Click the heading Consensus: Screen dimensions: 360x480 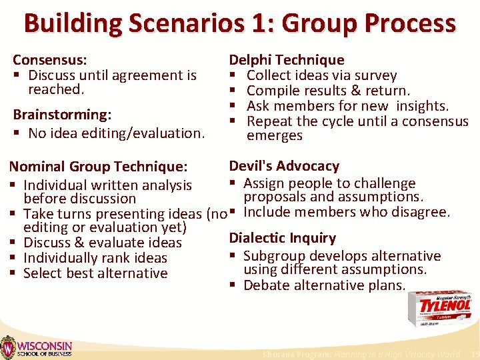pos(50,61)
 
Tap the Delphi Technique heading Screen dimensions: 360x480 pos(287,61)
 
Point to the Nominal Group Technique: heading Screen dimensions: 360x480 pos(100,167)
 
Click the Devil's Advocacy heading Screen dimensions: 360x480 pos(284,166)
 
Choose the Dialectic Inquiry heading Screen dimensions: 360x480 pos(283,238)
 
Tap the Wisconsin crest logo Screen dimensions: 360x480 pos(8,347)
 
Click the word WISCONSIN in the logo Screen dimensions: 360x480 pos(45,345)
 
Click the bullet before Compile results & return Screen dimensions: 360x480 pos(234,91)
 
